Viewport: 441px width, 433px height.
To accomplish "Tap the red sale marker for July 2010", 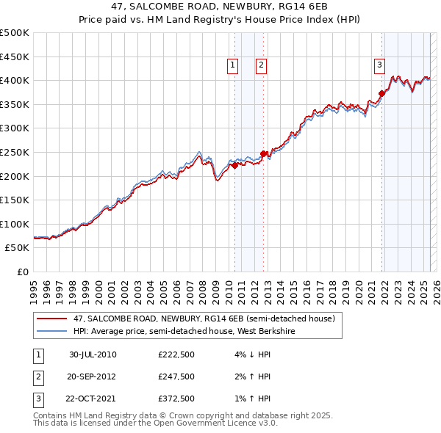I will click(x=234, y=165).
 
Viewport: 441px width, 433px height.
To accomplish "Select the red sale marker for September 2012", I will click(x=263, y=153).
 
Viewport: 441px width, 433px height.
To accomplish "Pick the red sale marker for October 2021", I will click(x=381, y=93).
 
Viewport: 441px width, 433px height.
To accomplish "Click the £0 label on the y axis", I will click(x=23, y=272).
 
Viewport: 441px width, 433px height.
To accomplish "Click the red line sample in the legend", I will click(x=51, y=319).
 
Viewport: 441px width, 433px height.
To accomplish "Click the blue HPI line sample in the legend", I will click(x=51, y=331).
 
